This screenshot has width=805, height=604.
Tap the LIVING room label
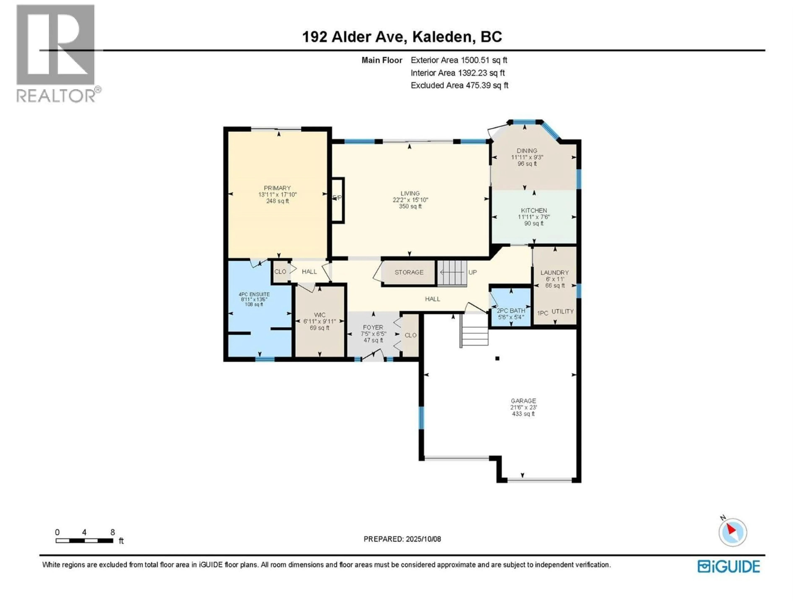click(x=410, y=193)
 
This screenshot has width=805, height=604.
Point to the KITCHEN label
click(x=534, y=210)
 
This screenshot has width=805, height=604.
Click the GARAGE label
click(x=523, y=401)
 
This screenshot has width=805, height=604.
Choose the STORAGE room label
click(x=409, y=272)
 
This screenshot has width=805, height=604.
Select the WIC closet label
click(x=319, y=315)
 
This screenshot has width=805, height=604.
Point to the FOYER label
click(x=373, y=327)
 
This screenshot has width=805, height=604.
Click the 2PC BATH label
click(x=511, y=311)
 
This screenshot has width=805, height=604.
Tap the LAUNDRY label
click(x=554, y=273)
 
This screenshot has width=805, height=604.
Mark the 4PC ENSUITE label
click(x=254, y=294)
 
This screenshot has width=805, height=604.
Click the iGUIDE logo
click(x=728, y=566)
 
